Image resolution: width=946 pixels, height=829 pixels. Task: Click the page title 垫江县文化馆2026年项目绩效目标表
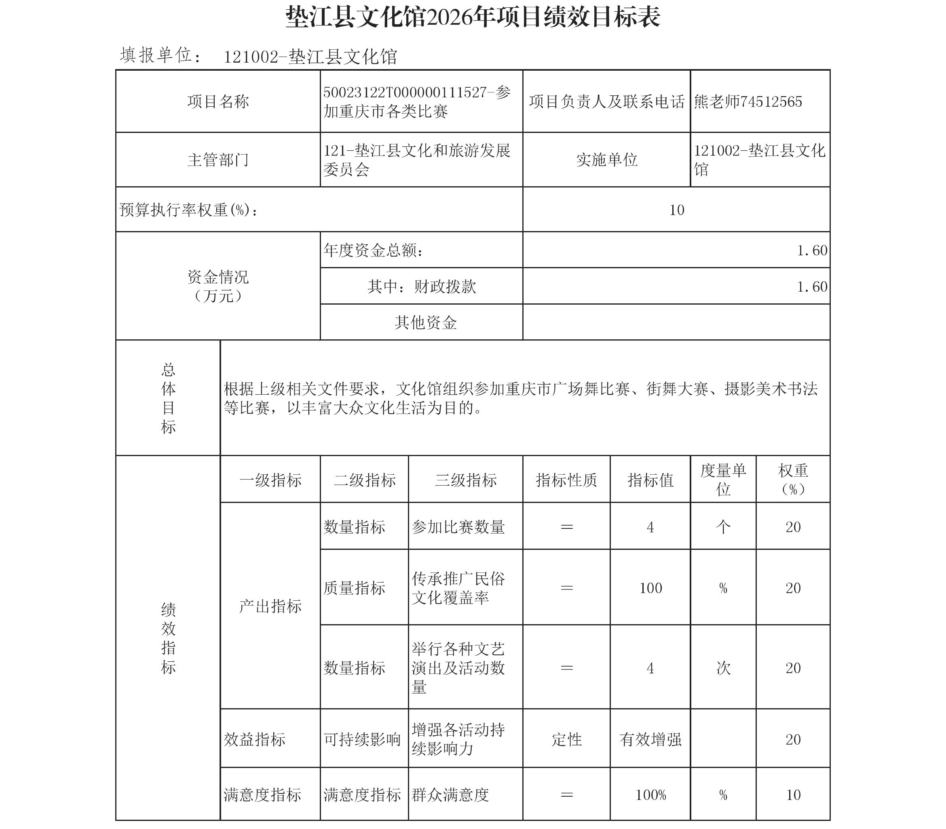point(473,18)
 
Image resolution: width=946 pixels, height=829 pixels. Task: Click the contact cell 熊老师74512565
point(748,102)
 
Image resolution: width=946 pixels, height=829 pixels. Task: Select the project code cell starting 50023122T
point(416,102)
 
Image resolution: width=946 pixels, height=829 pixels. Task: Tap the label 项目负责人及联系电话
point(606,102)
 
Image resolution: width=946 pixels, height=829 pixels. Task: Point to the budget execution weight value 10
point(676,210)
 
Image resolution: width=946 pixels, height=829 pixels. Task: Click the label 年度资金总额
point(373,250)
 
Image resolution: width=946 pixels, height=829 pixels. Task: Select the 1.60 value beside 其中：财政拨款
point(812,287)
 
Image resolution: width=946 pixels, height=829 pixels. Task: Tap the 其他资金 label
point(425,322)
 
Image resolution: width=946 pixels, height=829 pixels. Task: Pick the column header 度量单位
point(723,480)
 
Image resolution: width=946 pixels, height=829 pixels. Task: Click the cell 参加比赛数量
point(458,527)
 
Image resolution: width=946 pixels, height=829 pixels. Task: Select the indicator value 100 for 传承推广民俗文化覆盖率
point(650,588)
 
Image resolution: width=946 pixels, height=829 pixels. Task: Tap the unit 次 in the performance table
point(723,668)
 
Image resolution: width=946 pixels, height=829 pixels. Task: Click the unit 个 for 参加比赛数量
point(723,527)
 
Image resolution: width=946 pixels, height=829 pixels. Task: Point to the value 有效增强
point(650,740)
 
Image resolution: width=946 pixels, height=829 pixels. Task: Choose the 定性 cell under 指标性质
point(566,740)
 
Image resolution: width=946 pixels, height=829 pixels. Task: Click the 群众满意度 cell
point(450,795)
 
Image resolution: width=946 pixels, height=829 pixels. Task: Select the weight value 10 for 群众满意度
point(793,795)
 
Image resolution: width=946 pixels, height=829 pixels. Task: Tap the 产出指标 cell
point(270,606)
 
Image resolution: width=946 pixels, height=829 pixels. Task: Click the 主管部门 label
point(218,160)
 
